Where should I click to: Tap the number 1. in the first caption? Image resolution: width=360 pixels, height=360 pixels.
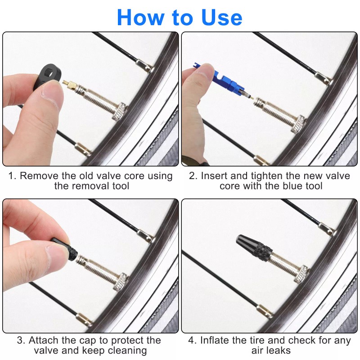pyautogui.click(x=12, y=176)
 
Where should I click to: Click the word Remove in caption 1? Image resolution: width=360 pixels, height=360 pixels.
pyautogui.click(x=37, y=176)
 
